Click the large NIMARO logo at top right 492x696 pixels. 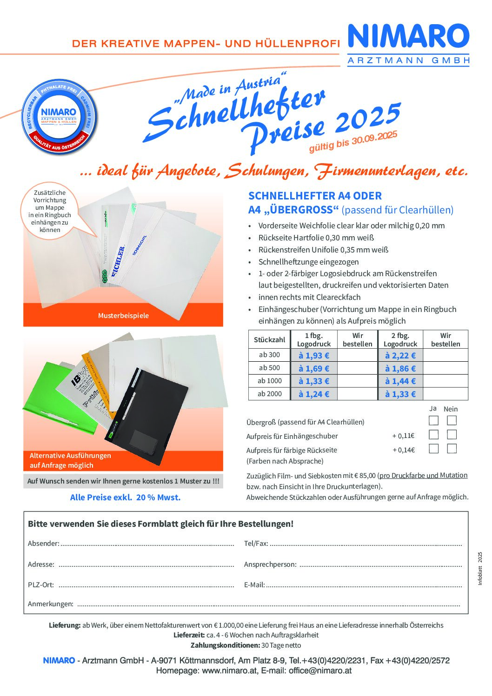tap(408, 37)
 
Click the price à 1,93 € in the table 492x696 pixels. tap(313, 356)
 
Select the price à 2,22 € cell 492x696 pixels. tap(400, 356)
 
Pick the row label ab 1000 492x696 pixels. tap(270, 381)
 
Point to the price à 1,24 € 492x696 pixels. tap(313, 394)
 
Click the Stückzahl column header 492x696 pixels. tap(270, 340)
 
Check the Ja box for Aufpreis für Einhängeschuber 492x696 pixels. tap(433, 435)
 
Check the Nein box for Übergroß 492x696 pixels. tap(452, 421)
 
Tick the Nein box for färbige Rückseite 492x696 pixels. tap(452, 449)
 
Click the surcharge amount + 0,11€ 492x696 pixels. tap(403, 436)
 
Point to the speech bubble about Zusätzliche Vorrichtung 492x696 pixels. tap(50, 211)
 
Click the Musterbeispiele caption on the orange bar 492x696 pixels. tap(123, 316)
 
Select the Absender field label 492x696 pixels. tap(43, 544)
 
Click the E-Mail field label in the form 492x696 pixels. tap(254, 585)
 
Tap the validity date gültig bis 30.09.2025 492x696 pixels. tap(353, 141)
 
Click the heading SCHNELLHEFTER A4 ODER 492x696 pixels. tap(315, 196)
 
